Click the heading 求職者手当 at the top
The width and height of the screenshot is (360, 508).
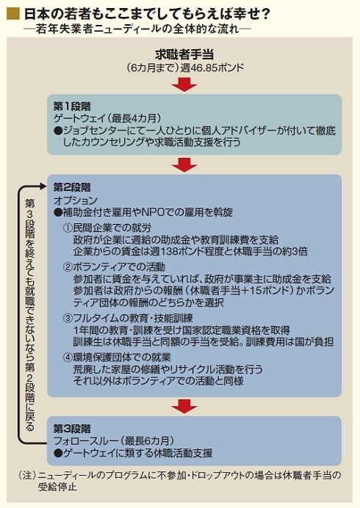click(184, 55)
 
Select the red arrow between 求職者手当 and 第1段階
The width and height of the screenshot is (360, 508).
click(184, 84)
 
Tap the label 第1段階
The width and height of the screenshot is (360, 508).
click(72, 106)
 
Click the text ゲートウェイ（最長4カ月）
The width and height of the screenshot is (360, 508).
click(107, 118)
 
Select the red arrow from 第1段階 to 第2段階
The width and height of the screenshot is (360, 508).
click(184, 165)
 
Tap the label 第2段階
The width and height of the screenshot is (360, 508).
click(72, 187)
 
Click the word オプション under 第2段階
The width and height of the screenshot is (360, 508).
click(75, 200)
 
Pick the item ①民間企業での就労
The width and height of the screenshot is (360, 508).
click(107, 228)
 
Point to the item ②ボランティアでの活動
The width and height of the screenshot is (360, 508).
click(114, 267)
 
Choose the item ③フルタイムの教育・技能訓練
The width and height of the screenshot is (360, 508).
click(128, 318)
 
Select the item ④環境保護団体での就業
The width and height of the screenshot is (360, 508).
click(117, 358)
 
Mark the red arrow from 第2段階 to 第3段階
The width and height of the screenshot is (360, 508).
click(184, 406)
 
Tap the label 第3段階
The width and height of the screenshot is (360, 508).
click(72, 429)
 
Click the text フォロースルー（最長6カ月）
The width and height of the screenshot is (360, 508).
click(114, 440)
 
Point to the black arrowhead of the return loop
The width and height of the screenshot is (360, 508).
click(43, 186)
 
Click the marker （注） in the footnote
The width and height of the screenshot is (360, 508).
click(27, 475)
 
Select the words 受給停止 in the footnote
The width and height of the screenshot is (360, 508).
click(57, 487)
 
